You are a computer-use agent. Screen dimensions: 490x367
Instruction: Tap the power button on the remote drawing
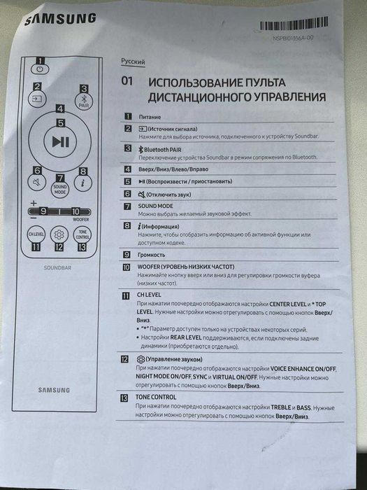pos(41,69)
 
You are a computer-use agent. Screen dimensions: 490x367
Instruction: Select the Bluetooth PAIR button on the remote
pos(83,99)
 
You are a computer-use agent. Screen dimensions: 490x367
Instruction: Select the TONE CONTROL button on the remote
pos(83,234)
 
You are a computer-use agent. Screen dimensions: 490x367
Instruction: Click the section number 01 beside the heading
pos(127,81)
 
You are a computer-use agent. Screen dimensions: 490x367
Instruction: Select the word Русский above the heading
pos(134,62)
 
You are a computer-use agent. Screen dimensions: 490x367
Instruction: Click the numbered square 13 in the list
pos(127,398)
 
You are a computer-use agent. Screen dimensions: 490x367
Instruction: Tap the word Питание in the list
pos(150,116)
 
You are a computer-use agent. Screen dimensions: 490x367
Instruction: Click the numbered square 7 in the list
pos(127,206)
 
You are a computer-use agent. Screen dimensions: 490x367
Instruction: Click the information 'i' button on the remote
pos(82,182)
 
